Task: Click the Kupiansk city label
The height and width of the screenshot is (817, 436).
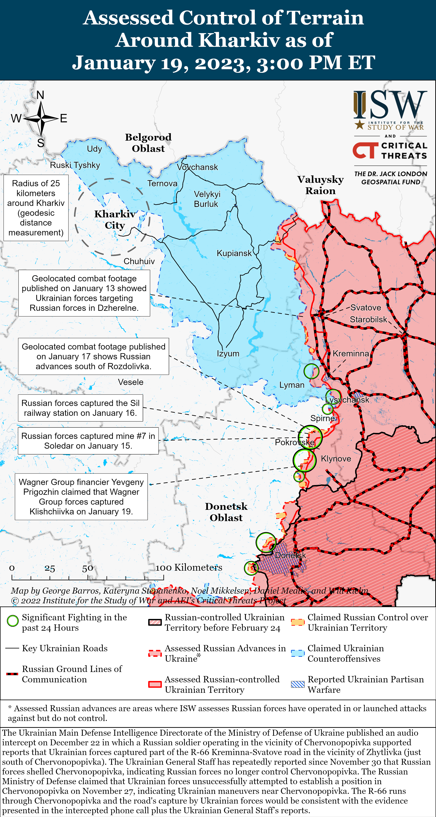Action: (234, 253)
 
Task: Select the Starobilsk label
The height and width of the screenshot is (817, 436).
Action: (368, 319)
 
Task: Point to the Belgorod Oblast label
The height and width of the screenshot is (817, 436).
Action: (148, 143)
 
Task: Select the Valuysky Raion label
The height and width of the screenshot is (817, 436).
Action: (320, 185)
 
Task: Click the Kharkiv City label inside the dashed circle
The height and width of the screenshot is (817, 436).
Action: (115, 220)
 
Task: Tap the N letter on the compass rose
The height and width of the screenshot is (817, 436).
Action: (40, 95)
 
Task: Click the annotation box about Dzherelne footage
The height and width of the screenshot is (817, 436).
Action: (84, 293)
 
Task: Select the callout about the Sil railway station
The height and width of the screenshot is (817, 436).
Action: (80, 408)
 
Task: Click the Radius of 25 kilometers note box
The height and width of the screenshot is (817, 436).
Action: (36, 208)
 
